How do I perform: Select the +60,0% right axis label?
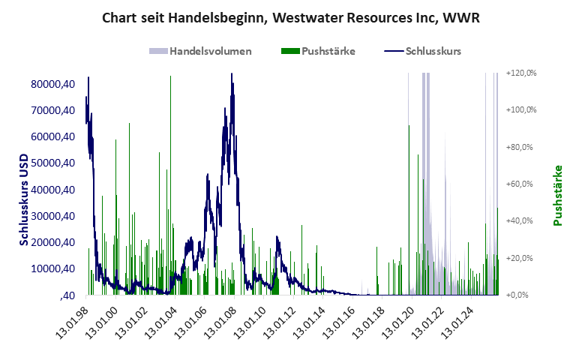523,184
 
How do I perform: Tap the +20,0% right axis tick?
523,258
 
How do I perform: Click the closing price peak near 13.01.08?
232,74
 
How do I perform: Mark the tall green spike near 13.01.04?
171,76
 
